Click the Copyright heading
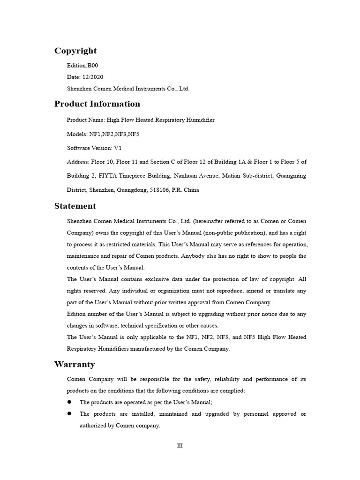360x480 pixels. click(75, 51)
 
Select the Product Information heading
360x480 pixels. click(97, 104)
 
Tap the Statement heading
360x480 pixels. click(75, 206)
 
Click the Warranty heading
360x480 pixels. click(75, 365)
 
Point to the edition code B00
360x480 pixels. click(93, 66)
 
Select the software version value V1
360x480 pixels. click(118, 148)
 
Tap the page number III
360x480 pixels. click(180, 446)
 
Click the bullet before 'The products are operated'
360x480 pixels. click(69, 402)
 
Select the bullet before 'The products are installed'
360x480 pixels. click(69, 413)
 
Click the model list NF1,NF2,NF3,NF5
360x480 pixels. click(117, 134)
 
